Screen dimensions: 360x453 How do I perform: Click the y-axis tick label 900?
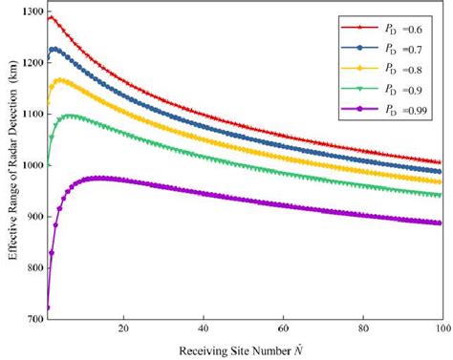(32, 218)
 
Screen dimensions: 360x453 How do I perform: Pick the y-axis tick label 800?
(32, 269)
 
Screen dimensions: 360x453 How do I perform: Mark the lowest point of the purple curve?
(48, 307)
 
